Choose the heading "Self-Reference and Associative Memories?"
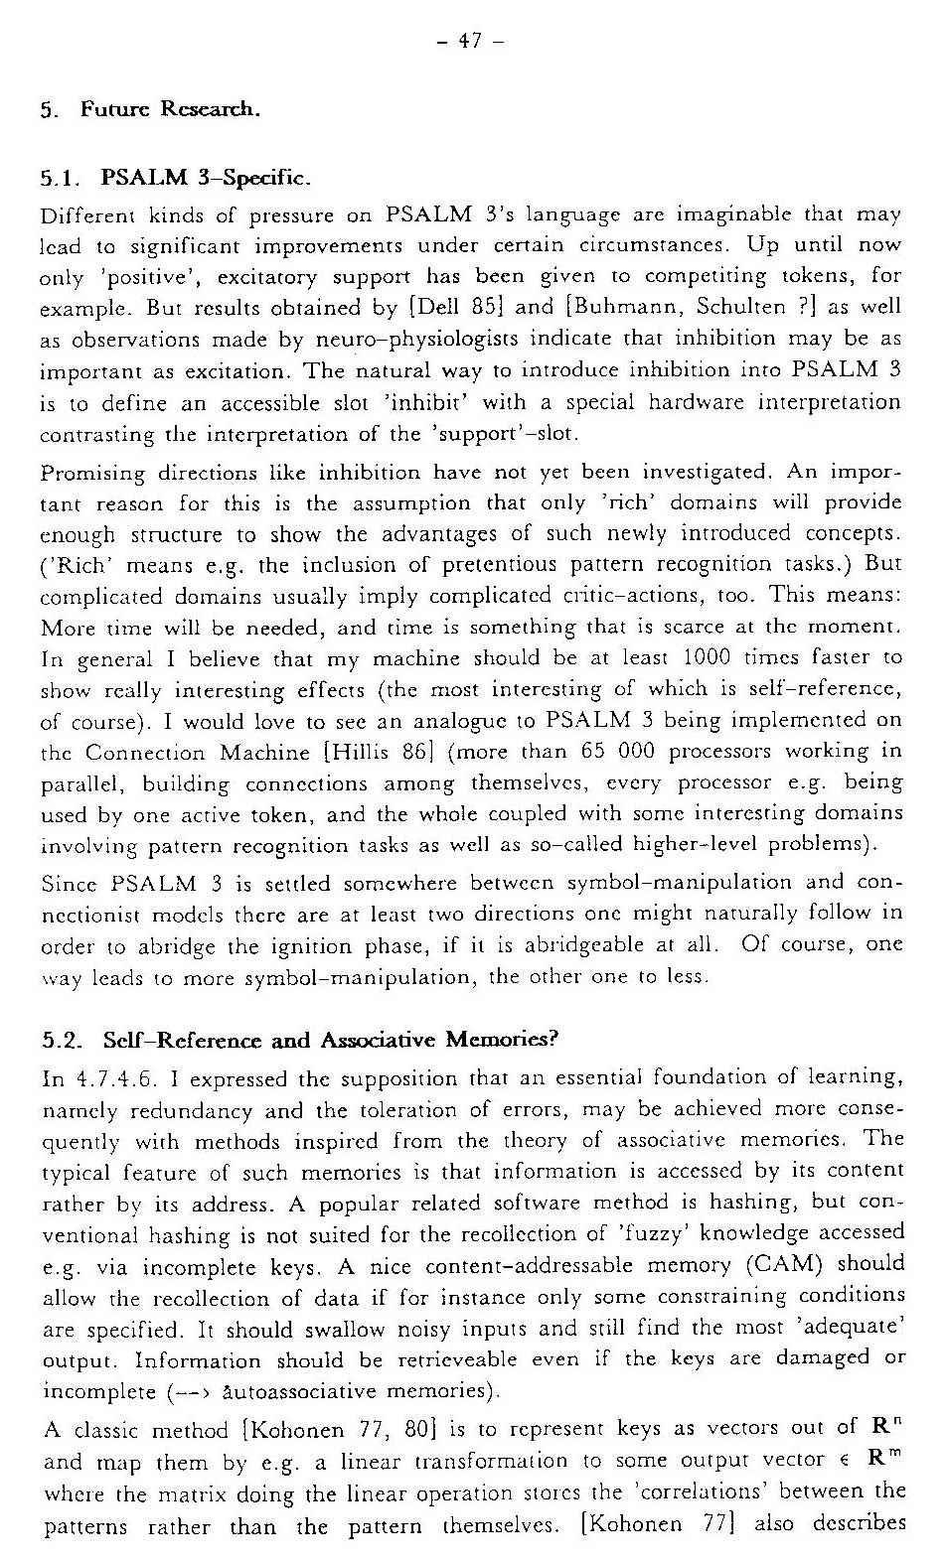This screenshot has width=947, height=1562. click(x=332, y=1040)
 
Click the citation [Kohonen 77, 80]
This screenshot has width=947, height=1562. click(x=333, y=1431)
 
